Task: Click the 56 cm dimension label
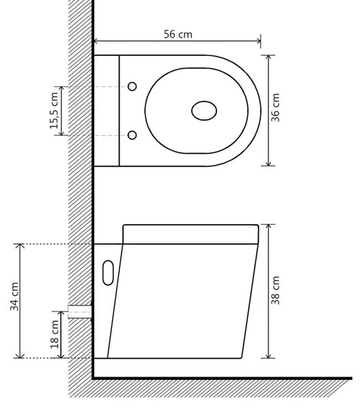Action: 178,34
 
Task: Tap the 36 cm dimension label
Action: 275,107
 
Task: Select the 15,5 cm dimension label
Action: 54,111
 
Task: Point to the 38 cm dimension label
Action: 275,290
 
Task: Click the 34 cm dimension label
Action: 14,297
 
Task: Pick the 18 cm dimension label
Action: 55,334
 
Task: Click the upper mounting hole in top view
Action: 133,86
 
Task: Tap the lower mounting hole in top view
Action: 133,135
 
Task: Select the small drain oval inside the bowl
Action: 204,111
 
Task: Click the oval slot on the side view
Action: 108,273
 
